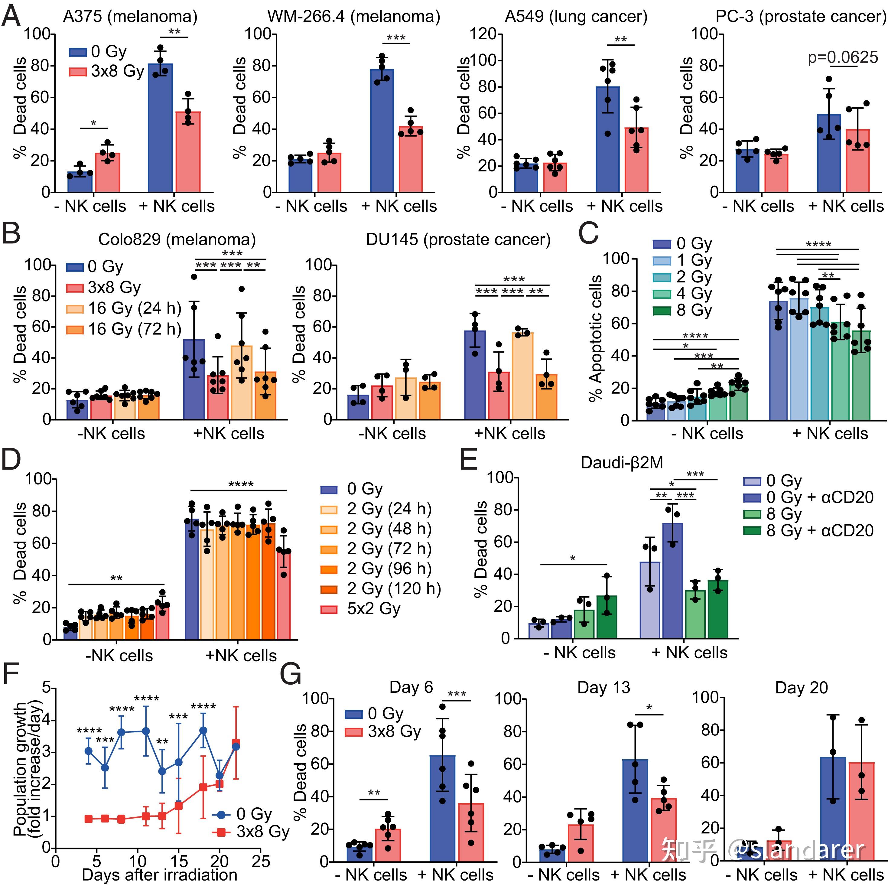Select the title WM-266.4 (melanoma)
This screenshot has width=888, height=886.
(354, 17)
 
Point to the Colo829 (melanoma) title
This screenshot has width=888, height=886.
(177, 239)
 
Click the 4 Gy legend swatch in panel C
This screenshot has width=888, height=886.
(662, 294)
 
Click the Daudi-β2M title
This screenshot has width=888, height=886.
(622, 462)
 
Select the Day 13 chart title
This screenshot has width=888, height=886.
(603, 687)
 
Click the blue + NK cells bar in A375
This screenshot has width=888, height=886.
(161, 128)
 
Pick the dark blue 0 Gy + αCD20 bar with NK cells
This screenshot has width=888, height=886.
(672, 580)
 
